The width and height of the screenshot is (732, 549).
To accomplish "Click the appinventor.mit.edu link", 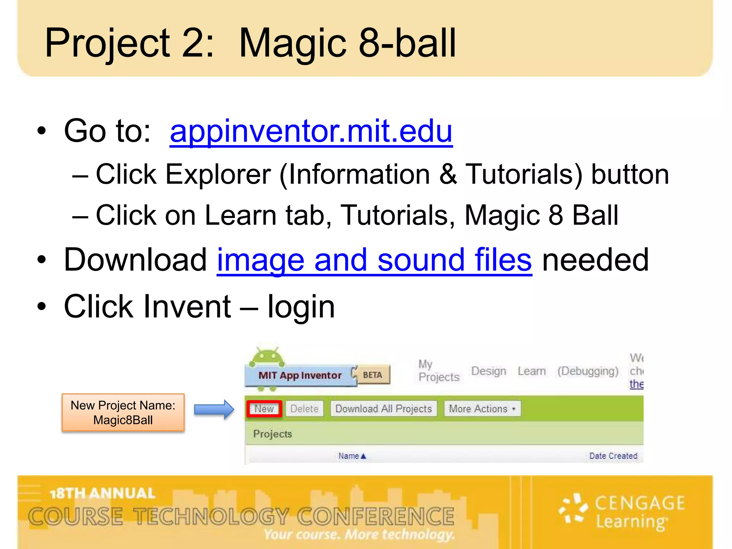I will (x=311, y=131).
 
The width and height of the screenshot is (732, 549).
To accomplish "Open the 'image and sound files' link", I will (x=374, y=260).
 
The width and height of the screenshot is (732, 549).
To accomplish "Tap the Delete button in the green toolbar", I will (x=304, y=409).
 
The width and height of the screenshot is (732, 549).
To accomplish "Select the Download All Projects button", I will (x=384, y=409).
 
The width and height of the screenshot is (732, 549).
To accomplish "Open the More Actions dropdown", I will (x=482, y=409).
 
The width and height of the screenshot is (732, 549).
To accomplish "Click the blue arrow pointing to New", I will (x=214, y=409).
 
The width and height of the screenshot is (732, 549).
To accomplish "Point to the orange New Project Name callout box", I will (x=123, y=412).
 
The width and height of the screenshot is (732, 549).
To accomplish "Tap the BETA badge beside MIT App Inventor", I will (x=372, y=375).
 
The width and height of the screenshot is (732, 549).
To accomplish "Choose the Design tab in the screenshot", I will (x=489, y=371).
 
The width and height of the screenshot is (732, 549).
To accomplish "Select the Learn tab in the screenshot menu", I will (x=531, y=371).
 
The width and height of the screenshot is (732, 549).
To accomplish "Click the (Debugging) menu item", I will (x=588, y=371).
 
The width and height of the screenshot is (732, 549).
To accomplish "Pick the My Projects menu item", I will (x=439, y=371).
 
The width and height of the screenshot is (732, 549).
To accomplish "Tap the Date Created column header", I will (x=613, y=456).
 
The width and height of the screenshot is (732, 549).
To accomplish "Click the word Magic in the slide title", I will (x=292, y=44).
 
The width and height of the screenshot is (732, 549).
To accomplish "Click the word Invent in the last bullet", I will (x=187, y=306).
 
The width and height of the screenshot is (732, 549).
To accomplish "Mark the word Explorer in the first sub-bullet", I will (x=218, y=174).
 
